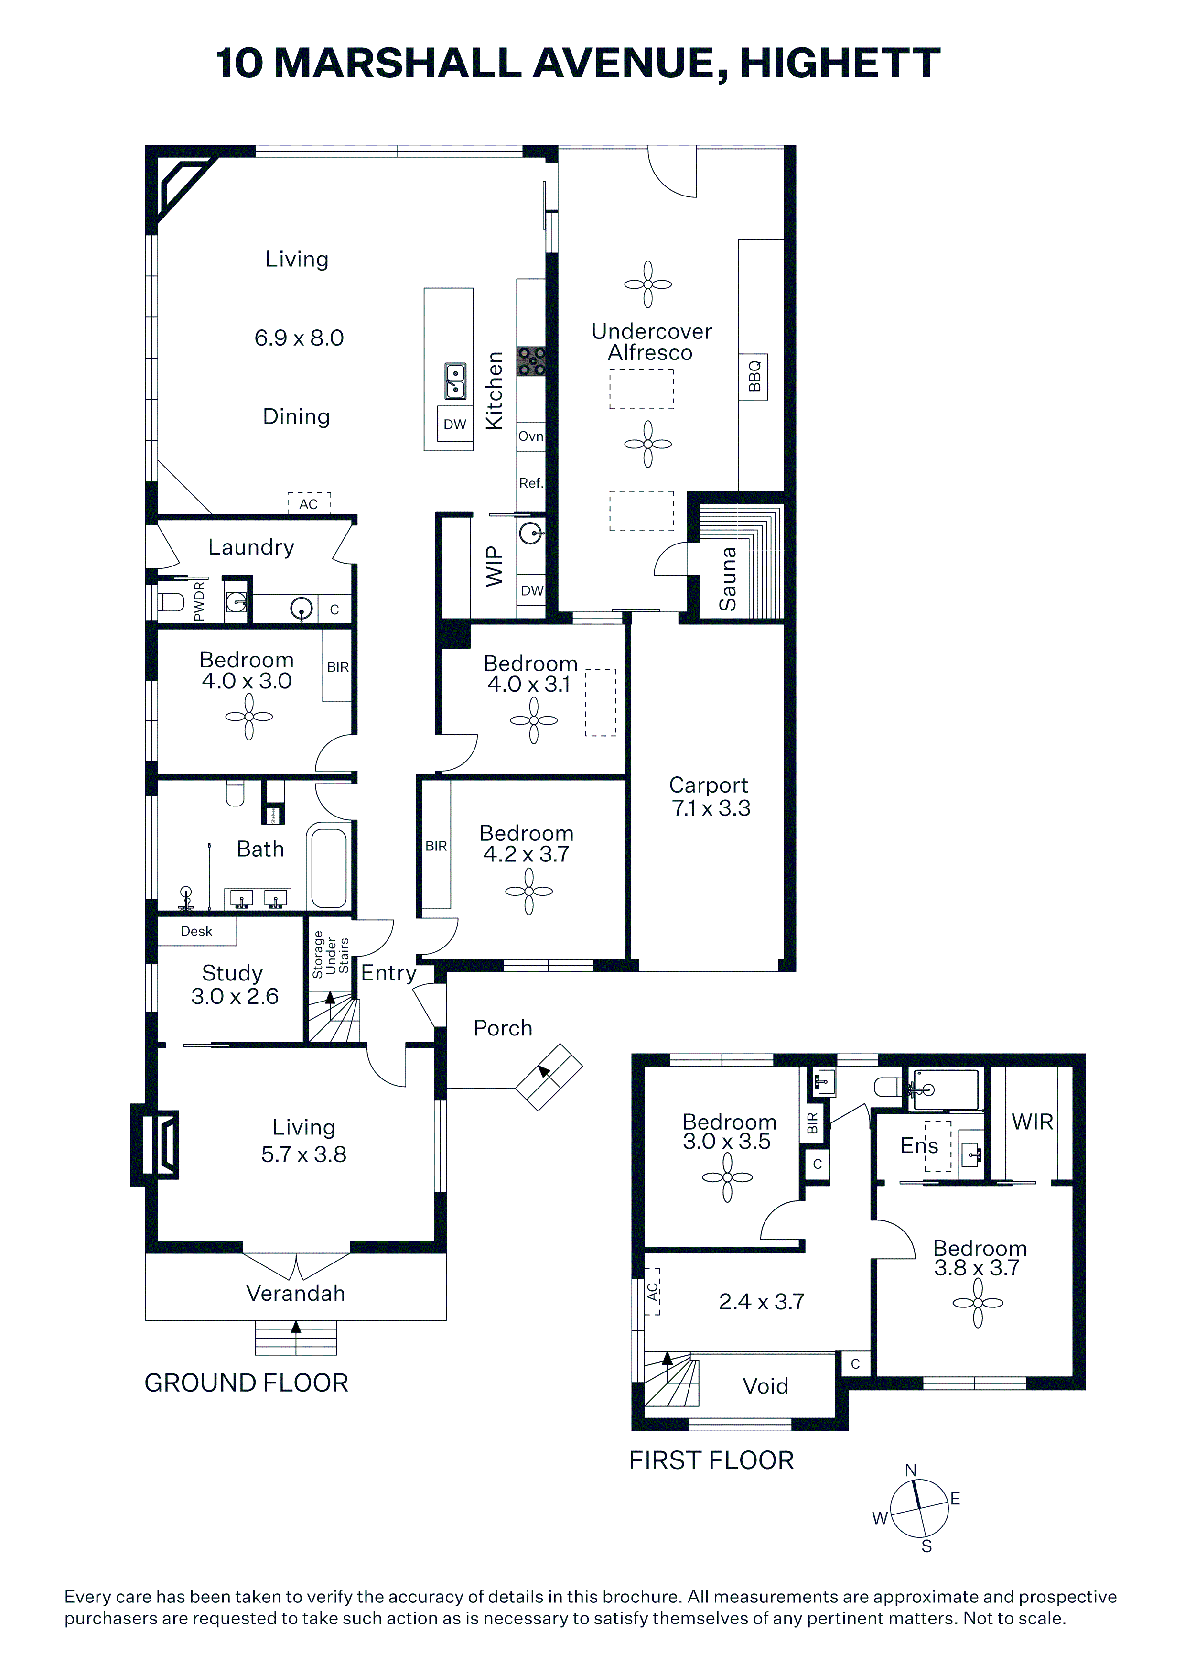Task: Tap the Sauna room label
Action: click(728, 579)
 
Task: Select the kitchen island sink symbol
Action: click(455, 381)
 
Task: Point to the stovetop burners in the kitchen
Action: click(531, 361)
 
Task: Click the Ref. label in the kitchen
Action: click(531, 483)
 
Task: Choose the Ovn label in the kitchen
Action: click(531, 436)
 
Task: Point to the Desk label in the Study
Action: click(196, 931)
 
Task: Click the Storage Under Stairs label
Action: click(331, 955)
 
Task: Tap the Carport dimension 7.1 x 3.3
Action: click(711, 808)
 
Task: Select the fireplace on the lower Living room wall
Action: click(155, 1144)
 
